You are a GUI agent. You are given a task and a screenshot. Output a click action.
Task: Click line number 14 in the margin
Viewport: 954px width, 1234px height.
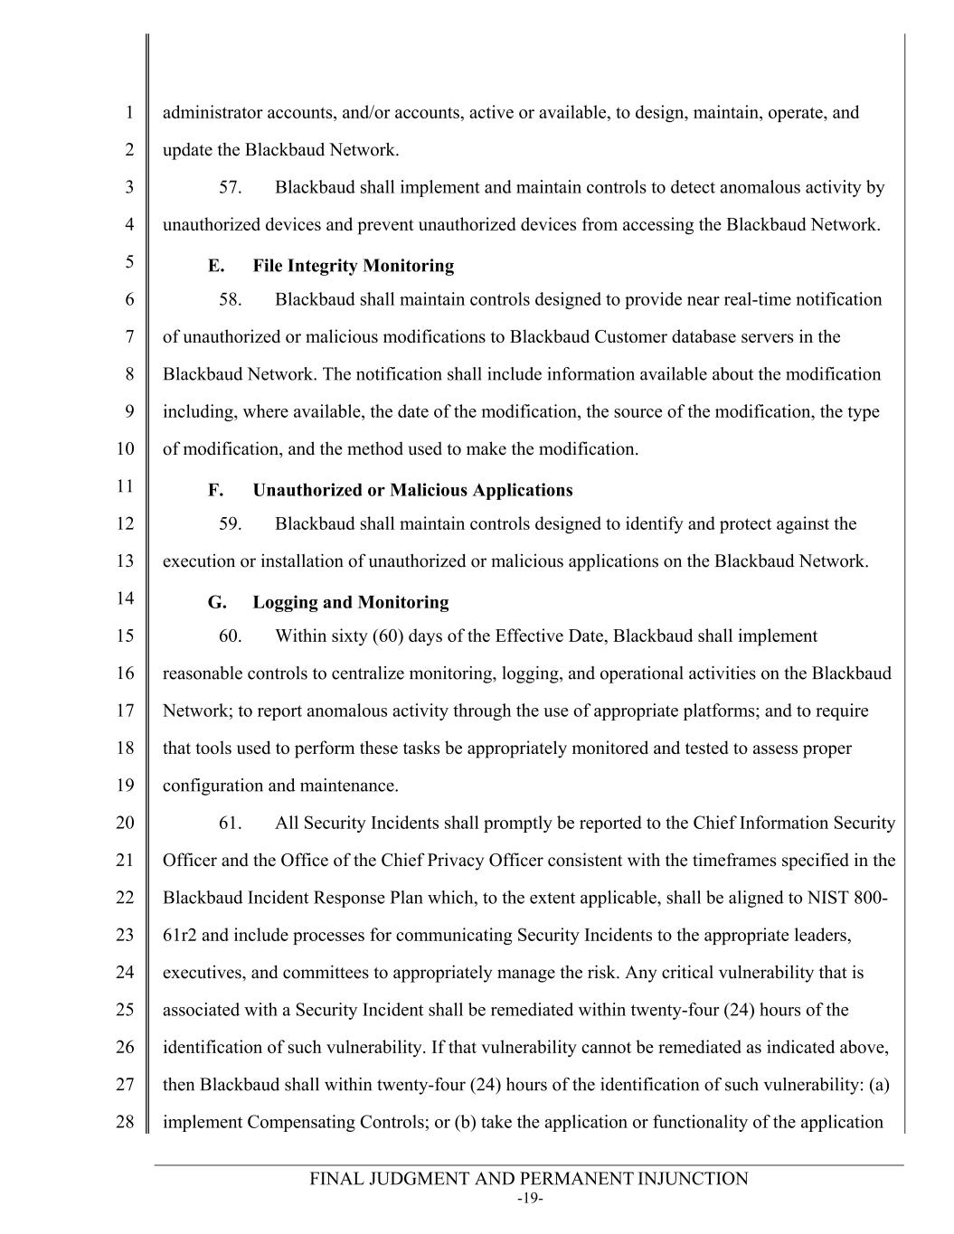coord(125,598)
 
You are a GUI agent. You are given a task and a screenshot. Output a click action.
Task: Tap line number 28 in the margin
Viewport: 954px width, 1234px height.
coord(125,1122)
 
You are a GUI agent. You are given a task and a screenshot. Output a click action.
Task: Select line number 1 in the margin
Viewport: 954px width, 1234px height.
coord(129,113)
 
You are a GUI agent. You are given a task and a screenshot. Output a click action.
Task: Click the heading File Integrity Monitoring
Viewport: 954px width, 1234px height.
coord(353,266)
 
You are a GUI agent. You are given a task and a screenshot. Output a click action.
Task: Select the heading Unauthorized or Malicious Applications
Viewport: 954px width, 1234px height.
coord(412,490)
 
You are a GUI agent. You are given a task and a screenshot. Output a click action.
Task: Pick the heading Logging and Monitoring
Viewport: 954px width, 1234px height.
coord(350,602)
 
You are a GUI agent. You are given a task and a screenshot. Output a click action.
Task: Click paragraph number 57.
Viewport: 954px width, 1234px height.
coord(231,188)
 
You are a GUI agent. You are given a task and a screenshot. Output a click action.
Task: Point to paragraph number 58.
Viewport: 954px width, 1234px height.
coord(231,299)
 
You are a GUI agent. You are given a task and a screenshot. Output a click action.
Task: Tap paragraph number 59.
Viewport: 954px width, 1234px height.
coord(231,523)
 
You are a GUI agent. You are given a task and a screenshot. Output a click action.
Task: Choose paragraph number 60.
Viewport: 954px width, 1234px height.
coord(231,636)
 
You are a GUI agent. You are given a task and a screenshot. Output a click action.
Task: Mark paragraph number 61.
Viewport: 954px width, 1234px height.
coord(231,823)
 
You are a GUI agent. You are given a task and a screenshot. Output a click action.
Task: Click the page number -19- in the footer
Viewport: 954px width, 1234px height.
coord(529,1200)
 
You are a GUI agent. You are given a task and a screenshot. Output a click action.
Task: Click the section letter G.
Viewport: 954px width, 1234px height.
coord(216,602)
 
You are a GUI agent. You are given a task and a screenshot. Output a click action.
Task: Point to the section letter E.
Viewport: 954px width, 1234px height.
coord(215,266)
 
